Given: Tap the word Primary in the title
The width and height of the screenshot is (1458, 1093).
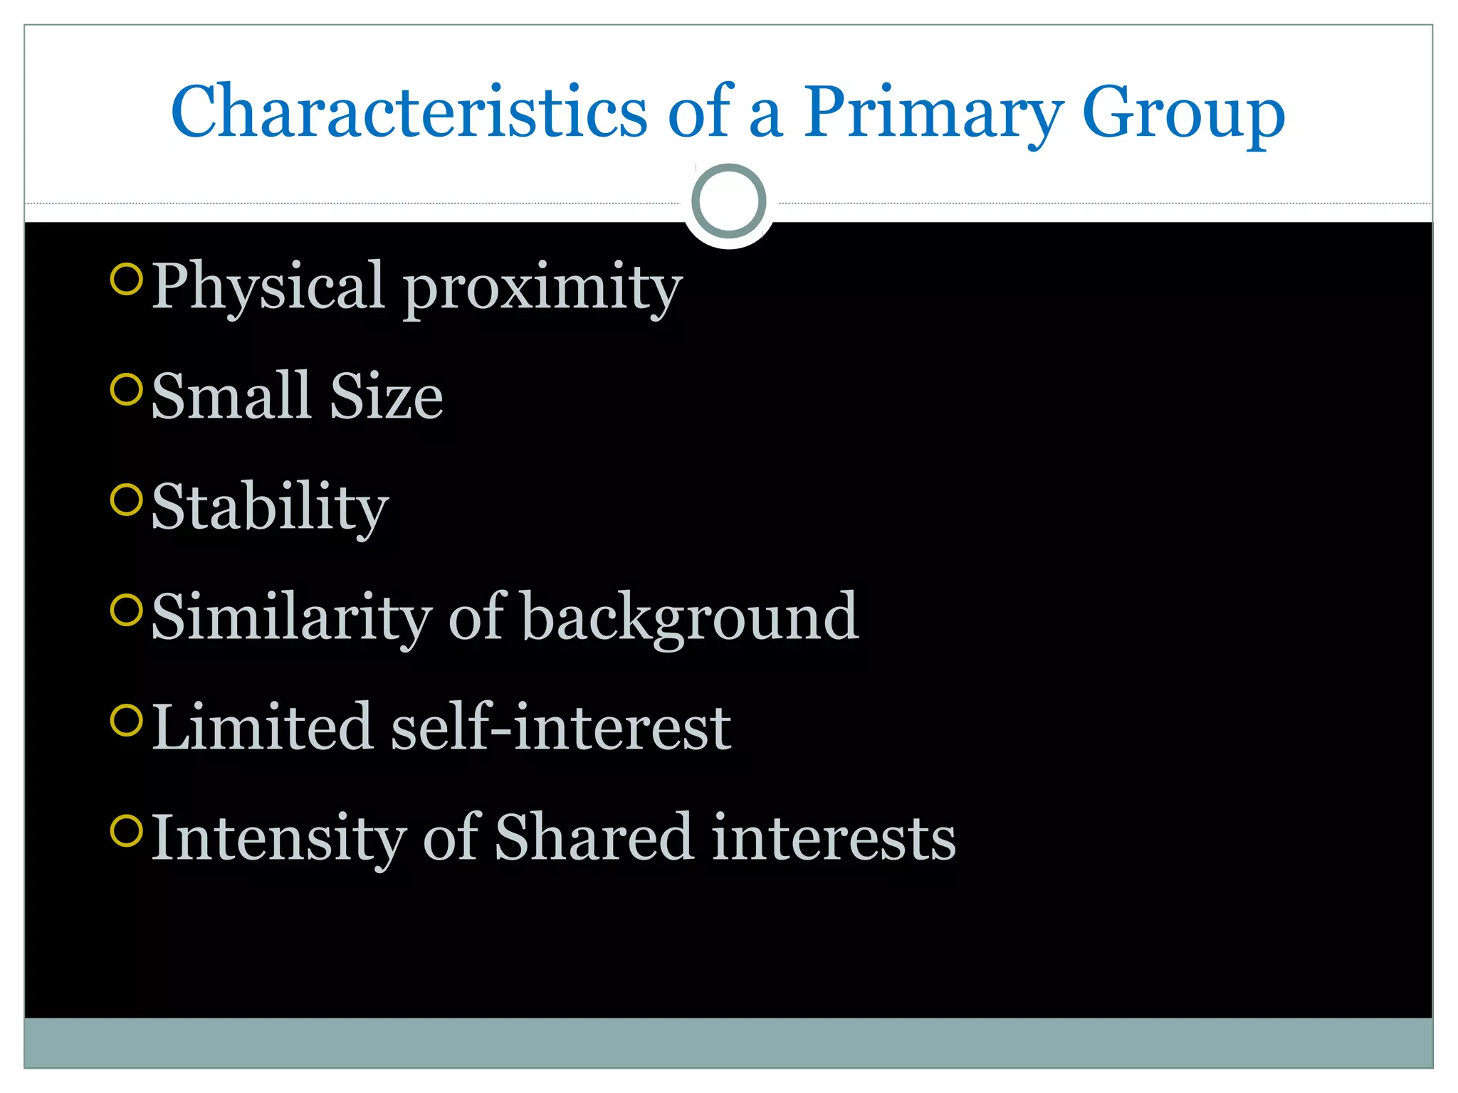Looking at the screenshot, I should coord(933,114).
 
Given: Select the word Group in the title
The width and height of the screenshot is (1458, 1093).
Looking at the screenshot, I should coord(1183,114).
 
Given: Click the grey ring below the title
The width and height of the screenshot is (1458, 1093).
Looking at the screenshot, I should coord(728,201).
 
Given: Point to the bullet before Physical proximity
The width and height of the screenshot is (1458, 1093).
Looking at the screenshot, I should coord(127,278).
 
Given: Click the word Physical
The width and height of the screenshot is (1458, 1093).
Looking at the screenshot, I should coord(268,287).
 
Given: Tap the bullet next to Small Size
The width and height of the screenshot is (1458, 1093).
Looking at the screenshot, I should coord(127,389).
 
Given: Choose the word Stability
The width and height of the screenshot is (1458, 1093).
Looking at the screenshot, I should coord(270,507).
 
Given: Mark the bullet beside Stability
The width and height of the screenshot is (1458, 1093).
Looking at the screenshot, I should coord(127,499).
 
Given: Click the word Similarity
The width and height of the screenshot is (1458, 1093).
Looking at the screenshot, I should coord(291,617).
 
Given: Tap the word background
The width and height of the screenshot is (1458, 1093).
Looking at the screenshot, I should coord(690,618).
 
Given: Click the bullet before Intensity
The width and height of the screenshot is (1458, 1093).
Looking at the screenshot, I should coord(127,830).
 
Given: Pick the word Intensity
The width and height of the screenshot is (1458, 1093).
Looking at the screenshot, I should coord(279,838).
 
